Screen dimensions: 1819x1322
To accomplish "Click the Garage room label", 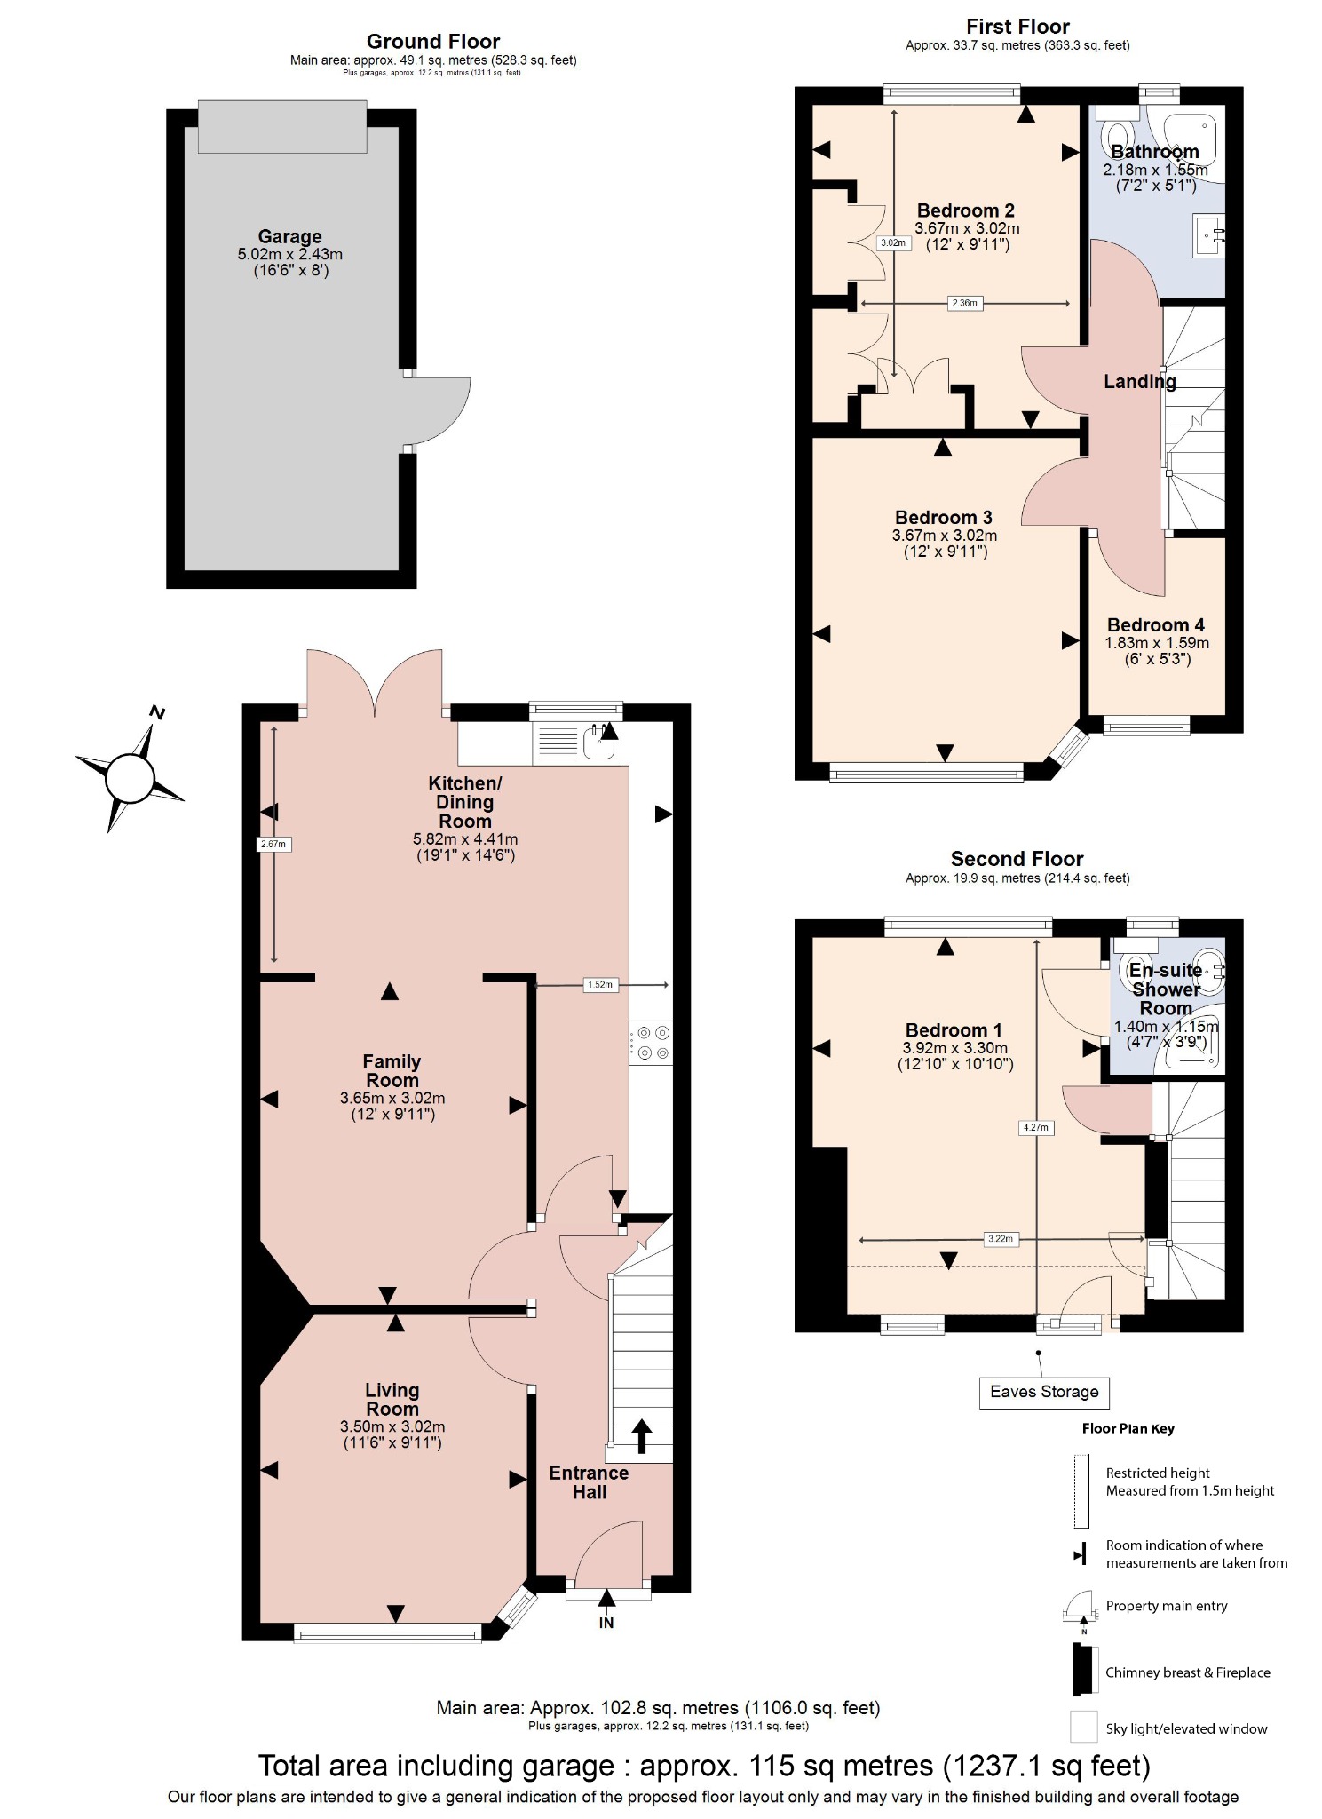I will coord(289,237).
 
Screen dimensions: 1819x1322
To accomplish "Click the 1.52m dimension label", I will coord(600,984).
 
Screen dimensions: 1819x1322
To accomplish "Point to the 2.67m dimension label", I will coord(273,844).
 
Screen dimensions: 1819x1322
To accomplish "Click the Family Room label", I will coord(392,1071).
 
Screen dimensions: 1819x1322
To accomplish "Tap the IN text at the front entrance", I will coord(606,1623).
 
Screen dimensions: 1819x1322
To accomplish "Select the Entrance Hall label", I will coord(589,1482).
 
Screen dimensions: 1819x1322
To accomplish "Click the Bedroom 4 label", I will coord(1156,625).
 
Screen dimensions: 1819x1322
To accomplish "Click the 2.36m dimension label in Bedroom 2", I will coord(964,304).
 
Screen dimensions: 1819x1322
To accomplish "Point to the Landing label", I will coord(1140,382).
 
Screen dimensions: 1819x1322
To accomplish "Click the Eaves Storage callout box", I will coord(1044,1392).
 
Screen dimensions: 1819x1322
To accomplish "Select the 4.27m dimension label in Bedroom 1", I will coord(1035,1128).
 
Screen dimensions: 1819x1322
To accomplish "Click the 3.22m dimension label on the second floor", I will coord(1000,1239).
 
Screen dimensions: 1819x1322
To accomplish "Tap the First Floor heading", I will coord(1017,27).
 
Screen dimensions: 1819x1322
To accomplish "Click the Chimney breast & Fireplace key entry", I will coord(1187,1672).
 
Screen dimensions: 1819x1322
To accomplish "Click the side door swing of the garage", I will coord(440,409).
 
